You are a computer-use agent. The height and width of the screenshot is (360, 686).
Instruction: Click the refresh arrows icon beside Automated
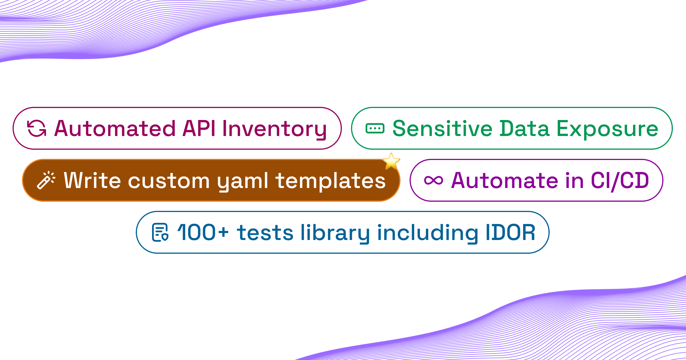pos(37,128)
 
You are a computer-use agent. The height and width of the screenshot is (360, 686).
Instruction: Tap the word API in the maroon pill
pos(199,129)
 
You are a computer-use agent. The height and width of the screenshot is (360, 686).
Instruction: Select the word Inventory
pos(274,129)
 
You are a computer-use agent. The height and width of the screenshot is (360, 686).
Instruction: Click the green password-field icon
pos(375,129)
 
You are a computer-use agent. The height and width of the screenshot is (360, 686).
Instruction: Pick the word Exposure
pos(607,129)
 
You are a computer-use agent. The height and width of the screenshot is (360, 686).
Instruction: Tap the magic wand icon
pos(46,180)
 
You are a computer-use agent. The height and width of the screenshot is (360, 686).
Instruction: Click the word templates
pos(330,181)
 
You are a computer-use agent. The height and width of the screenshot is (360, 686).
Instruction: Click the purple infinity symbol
pos(434,180)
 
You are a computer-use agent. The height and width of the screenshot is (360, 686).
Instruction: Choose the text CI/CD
pos(620,181)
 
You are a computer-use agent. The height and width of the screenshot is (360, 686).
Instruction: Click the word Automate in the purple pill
pos(504,181)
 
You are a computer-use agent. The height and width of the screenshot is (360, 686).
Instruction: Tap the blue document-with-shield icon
pos(160,232)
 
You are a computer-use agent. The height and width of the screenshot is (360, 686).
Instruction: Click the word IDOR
pos(510,233)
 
